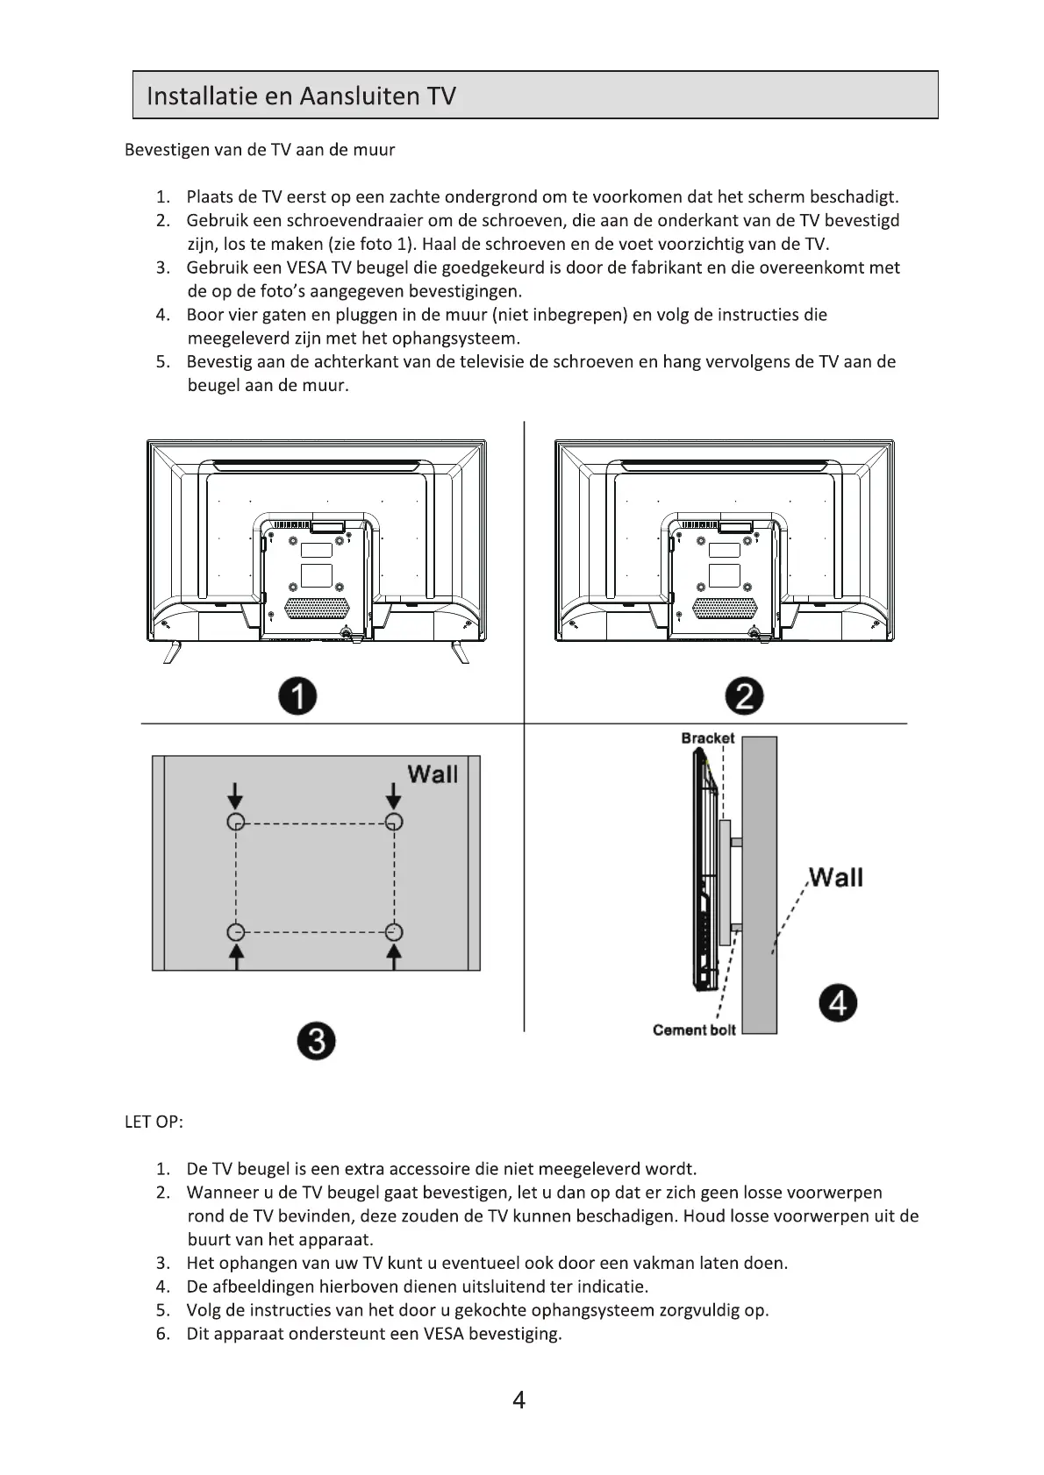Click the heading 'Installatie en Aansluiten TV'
(x=301, y=96)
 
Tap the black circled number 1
(x=297, y=697)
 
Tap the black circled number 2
(x=745, y=697)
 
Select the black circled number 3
(x=316, y=1042)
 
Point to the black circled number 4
(x=839, y=1003)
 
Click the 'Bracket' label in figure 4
(x=707, y=738)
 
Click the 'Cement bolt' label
(x=694, y=1030)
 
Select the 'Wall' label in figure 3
(x=433, y=774)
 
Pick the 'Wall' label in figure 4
(x=835, y=878)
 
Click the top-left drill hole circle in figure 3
(x=235, y=822)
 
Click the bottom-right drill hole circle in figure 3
(x=394, y=931)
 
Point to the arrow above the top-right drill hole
(x=394, y=795)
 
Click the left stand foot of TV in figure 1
(x=173, y=652)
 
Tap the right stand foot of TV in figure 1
(x=459, y=652)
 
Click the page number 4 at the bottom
(x=518, y=1400)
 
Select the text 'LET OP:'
(x=154, y=1122)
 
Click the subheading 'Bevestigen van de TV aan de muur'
(x=260, y=150)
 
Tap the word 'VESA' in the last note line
(x=443, y=1334)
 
